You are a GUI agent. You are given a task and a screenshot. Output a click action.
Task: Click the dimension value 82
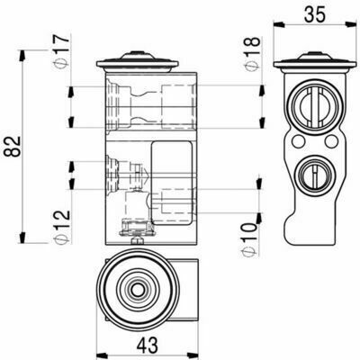click(13, 147)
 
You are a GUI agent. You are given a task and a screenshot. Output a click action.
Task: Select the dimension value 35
click(315, 14)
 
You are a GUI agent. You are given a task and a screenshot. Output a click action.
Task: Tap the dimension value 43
click(148, 345)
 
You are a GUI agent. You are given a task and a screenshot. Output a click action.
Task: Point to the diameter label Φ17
click(61, 51)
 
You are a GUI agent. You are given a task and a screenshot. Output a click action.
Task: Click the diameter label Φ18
click(251, 54)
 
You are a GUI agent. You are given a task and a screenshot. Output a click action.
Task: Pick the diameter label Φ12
click(61, 227)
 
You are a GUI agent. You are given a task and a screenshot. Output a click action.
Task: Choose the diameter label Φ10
click(249, 239)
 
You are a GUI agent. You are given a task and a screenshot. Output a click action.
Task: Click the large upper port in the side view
click(314, 107)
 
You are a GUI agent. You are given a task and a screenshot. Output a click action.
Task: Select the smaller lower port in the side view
click(314, 173)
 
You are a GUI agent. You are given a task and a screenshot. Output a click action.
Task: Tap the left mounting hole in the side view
click(298, 141)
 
